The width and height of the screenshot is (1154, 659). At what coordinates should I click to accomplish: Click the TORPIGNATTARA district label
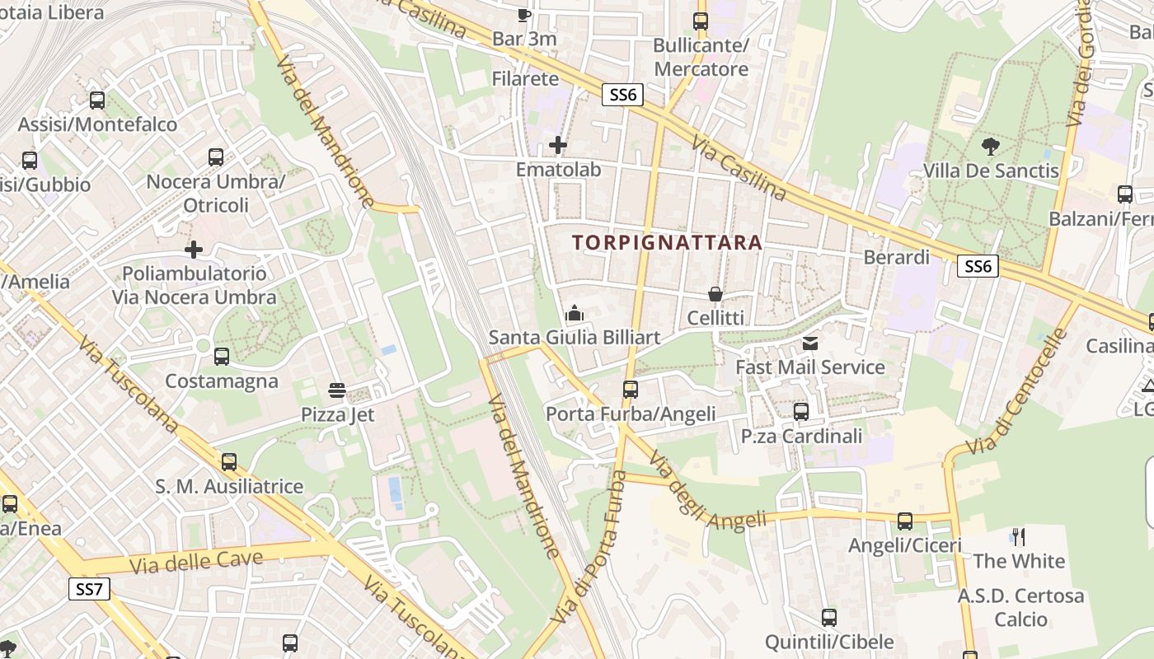coord(667,243)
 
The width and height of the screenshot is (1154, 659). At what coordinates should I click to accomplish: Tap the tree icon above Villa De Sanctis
coord(991,147)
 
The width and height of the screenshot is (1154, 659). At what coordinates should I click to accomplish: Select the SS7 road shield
coord(89,589)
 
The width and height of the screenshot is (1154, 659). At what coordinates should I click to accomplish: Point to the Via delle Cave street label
coord(197,562)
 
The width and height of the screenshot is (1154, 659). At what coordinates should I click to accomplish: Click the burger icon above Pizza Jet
coord(336,390)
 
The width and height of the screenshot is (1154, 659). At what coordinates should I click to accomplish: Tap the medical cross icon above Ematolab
coord(558,146)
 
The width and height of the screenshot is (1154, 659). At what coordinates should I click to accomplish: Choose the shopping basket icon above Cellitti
coord(715,294)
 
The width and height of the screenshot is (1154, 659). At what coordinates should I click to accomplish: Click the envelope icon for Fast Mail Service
coord(810,343)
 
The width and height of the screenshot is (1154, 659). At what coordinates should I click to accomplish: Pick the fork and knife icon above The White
coord(1019,537)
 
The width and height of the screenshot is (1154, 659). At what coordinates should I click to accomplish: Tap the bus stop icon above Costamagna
coord(221,357)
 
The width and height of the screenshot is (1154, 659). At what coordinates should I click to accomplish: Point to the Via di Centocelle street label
coord(1016,394)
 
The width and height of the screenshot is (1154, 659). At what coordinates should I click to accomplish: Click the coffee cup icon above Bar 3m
coord(523,14)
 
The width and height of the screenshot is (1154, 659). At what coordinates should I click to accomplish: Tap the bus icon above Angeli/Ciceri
coord(905,521)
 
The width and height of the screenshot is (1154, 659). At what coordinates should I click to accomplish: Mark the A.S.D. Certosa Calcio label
coord(1020,607)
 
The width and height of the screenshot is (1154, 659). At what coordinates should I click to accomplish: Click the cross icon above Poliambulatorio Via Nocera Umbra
coord(194,249)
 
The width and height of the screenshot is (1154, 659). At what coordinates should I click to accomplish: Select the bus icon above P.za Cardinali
coord(800,411)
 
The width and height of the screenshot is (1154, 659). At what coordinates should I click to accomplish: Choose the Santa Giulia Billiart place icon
coord(575,313)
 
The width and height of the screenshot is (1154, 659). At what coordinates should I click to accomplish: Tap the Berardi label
coord(896,257)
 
